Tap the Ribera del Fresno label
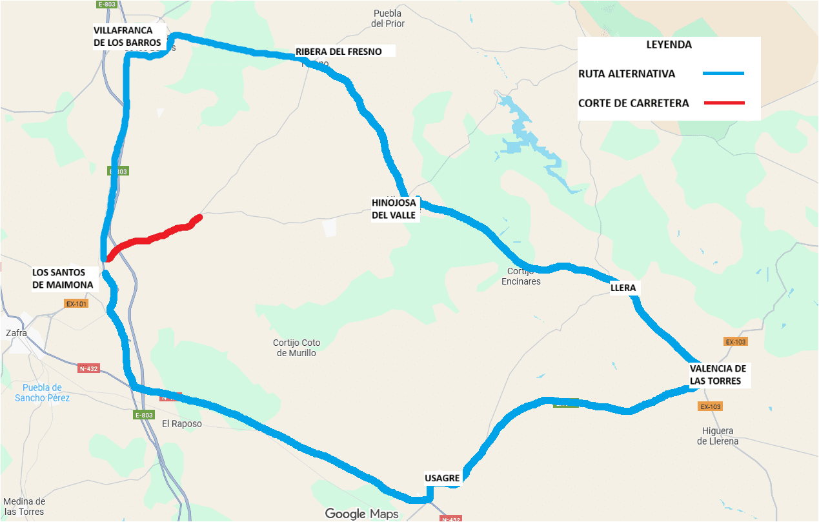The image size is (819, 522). coord(339,52)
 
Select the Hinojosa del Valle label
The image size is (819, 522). coord(394,209)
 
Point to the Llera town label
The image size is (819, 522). coord(623,288)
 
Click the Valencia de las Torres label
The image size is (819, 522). coord(718,375)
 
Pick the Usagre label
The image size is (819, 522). coord(442,478)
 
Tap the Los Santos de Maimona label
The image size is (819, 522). coord(63,279)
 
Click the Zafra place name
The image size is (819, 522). coord(16,334)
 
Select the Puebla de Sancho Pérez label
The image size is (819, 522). coord(42,392)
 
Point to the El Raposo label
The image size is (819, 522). coord(182,424)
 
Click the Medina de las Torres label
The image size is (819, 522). coord(24,507)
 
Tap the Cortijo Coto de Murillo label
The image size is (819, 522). coord(297,348)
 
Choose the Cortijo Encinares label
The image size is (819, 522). coord(521,277)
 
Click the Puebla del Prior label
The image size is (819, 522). coord(387,19)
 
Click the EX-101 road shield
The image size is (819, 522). coord(76,303)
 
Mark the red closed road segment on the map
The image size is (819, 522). coord(155,237)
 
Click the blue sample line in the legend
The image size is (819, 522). coord(723,74)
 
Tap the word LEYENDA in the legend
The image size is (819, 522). coord(669,45)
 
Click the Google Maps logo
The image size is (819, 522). coord(361,514)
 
